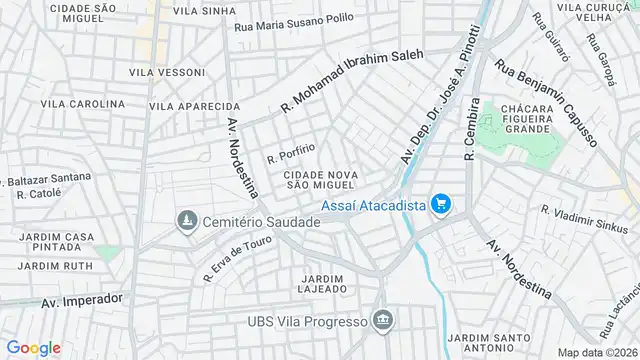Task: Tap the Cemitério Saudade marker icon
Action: [186, 220]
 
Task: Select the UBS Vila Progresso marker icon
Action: [382, 320]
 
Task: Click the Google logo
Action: [33, 348]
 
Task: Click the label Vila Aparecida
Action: [194, 106]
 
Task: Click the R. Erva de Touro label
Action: [237, 254]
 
